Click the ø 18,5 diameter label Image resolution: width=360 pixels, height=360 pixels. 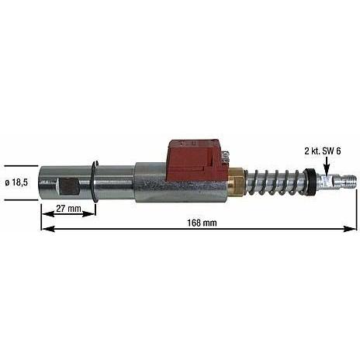click(16, 182)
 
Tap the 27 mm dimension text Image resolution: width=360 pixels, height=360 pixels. click(68, 208)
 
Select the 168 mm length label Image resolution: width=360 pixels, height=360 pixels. click(202, 223)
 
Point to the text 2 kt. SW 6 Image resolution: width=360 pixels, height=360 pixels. click(323, 151)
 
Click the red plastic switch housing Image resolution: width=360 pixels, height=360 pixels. click(196, 161)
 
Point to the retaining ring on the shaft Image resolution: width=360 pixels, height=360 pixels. click(95, 182)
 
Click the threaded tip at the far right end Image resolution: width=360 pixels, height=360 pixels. click(351, 179)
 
